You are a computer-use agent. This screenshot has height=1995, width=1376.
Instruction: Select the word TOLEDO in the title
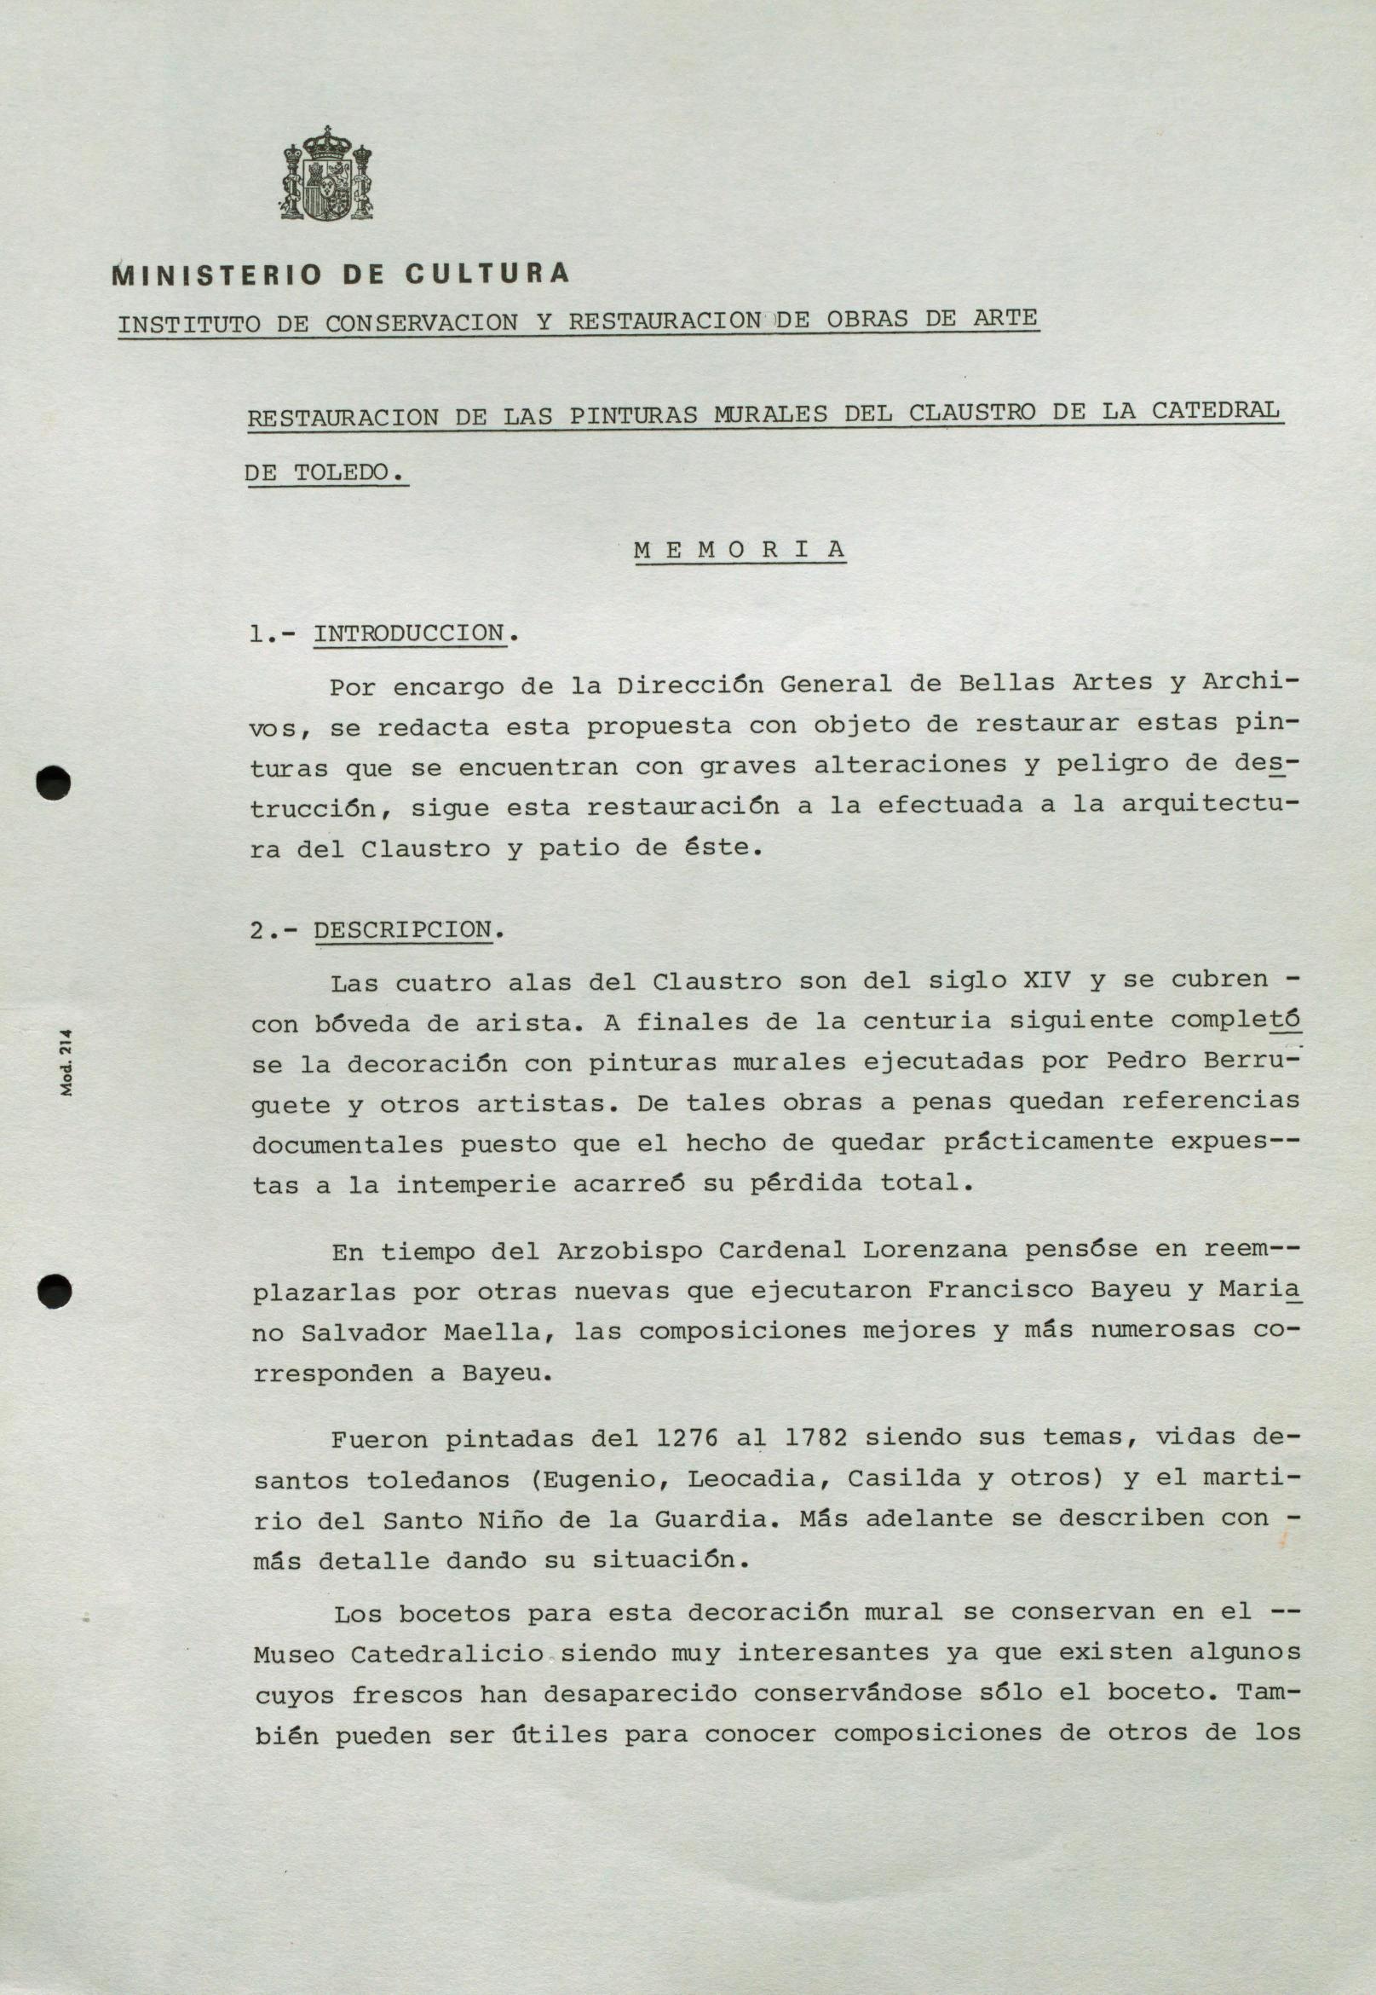(x=348, y=472)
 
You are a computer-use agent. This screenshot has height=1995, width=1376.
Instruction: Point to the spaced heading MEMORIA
(x=740, y=551)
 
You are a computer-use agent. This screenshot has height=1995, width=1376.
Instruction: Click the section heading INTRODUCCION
(x=409, y=634)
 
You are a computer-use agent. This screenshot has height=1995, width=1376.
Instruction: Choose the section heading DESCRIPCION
(x=402, y=931)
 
